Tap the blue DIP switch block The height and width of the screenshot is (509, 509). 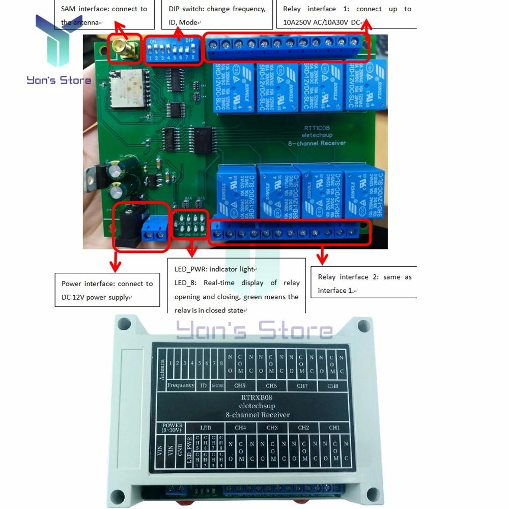(x=172, y=49)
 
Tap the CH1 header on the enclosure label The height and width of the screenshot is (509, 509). (x=334, y=428)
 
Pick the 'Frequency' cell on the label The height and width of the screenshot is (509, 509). (x=181, y=386)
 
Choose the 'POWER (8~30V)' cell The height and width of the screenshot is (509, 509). (x=173, y=428)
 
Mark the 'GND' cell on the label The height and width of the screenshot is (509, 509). (x=180, y=450)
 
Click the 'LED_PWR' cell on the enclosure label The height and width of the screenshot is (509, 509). (x=189, y=451)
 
